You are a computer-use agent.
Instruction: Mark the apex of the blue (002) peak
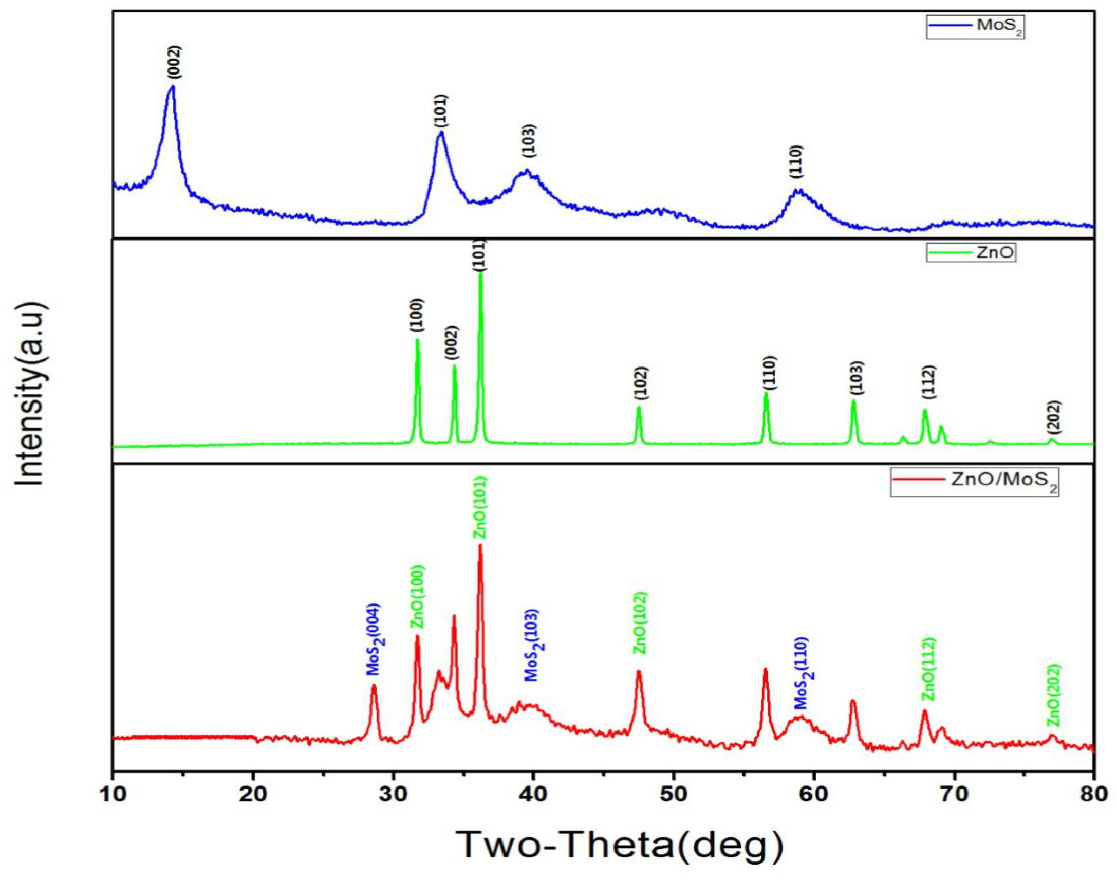(x=173, y=86)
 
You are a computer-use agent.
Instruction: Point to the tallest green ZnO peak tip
(x=480, y=273)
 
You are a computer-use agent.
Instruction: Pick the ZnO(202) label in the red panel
(x=1054, y=694)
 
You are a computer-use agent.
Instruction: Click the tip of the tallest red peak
(x=480, y=545)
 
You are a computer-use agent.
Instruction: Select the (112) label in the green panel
(x=928, y=382)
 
